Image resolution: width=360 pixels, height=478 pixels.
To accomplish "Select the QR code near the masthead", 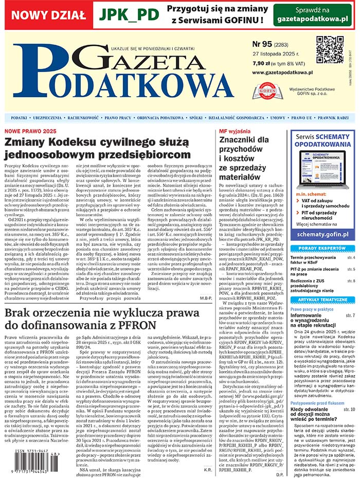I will (x=329, y=50).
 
